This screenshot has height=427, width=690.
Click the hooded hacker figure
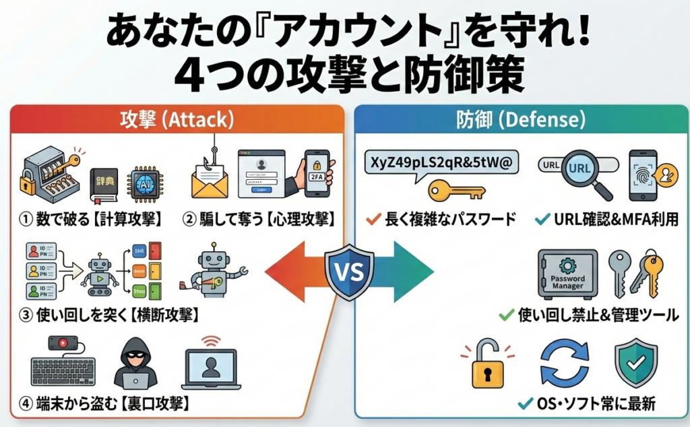point(135,363)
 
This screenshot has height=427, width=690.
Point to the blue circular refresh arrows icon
point(564,364)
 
